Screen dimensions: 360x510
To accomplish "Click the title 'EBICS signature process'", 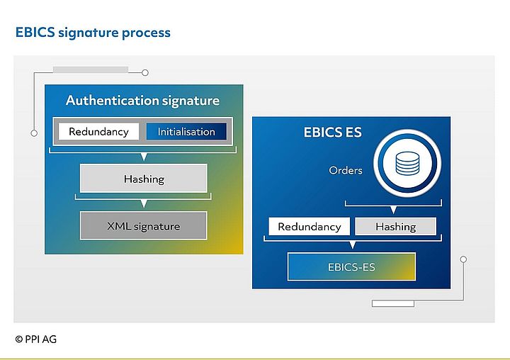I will tap(93, 33).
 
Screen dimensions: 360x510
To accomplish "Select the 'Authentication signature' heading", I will tap(142, 101).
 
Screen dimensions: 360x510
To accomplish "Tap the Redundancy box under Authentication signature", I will tap(98, 132).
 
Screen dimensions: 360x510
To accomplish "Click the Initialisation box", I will tap(186, 132).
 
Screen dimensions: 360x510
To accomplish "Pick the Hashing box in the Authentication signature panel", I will tap(144, 179).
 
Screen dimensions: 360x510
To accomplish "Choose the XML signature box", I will tap(144, 227).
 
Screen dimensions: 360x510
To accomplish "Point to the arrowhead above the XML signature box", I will tap(144, 204).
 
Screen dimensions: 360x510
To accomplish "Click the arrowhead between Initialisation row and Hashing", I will tap(144, 157).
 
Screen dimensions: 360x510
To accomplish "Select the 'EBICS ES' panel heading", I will tap(332, 133).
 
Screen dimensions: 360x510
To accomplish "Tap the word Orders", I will tap(346, 171).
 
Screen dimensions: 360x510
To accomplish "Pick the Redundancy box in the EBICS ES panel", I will tap(309, 227).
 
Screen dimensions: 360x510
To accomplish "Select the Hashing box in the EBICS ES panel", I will tap(395, 227).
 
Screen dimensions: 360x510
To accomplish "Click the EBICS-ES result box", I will tap(351, 267).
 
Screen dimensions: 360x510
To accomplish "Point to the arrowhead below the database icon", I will tap(392, 210).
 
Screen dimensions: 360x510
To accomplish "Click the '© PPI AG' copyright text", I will tap(36, 339).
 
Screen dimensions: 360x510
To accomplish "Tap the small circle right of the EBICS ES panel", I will tap(463, 259).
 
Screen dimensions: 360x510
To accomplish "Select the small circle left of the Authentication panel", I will tap(33, 133).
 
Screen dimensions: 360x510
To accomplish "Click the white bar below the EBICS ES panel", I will tap(392, 304).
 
